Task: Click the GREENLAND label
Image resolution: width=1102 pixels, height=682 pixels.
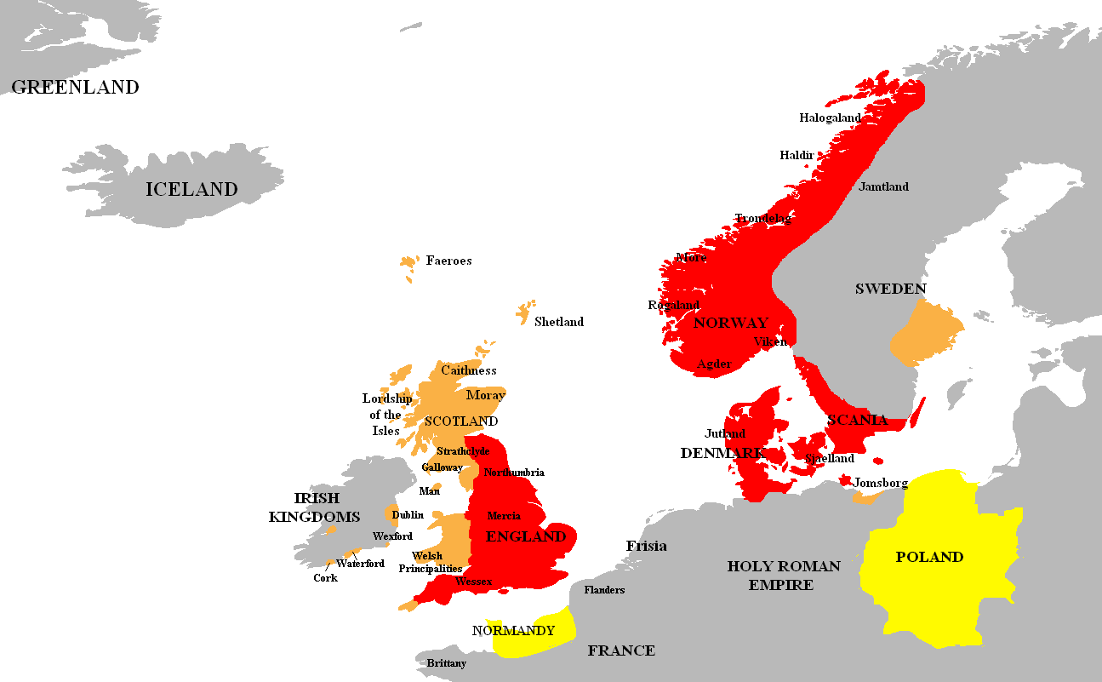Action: tap(75, 87)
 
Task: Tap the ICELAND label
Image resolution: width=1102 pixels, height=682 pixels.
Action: tap(191, 189)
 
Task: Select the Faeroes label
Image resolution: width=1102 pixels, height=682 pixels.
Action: tap(448, 261)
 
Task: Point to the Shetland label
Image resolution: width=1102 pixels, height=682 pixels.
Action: tap(558, 322)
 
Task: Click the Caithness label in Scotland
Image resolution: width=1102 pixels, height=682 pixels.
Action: tap(468, 370)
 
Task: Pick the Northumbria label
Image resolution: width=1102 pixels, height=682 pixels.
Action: tap(514, 473)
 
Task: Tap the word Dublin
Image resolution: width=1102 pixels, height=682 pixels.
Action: tap(408, 515)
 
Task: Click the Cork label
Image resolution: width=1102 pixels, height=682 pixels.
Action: tap(325, 578)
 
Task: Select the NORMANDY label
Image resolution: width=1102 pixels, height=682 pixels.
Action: tap(513, 631)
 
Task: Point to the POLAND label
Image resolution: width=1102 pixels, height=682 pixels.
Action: tap(929, 557)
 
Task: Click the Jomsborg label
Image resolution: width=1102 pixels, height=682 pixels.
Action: tap(880, 484)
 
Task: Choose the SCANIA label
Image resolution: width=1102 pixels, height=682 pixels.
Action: tap(857, 420)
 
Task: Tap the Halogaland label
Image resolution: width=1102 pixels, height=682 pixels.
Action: tap(831, 118)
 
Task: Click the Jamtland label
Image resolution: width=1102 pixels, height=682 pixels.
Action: tap(883, 186)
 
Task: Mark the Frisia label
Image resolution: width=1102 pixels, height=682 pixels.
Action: tap(646, 546)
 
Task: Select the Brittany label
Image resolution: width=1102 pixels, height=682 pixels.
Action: tap(446, 663)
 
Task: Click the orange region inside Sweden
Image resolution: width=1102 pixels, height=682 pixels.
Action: tap(925, 335)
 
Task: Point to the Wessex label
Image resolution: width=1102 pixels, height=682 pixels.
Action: tap(473, 582)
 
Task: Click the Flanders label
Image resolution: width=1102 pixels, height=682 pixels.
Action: tap(604, 590)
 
